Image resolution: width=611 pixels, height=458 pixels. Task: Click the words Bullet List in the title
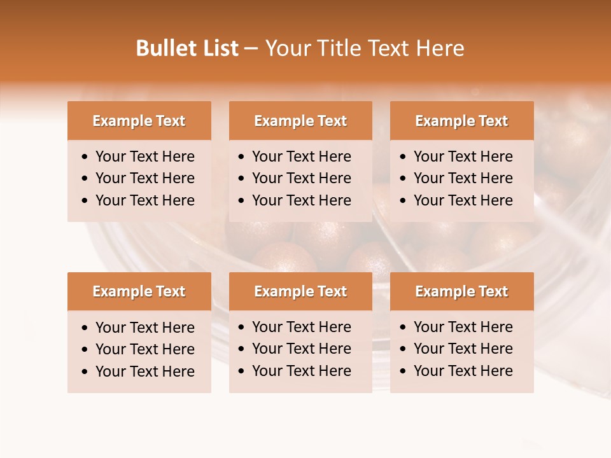click(187, 48)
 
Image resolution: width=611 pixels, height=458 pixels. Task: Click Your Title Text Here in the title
click(364, 48)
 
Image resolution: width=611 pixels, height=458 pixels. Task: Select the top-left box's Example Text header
click(139, 121)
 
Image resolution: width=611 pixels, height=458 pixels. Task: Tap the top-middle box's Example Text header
click(300, 121)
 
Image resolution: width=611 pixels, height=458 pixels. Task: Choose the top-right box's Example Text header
click(461, 121)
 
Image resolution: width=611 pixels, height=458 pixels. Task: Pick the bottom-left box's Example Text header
click(139, 291)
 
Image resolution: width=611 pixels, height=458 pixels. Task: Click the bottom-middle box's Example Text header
click(300, 291)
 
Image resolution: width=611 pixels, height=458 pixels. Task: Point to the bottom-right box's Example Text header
click(461, 291)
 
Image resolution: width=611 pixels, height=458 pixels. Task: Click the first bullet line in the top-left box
click(144, 156)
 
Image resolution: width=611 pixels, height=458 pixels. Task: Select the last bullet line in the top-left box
click(144, 200)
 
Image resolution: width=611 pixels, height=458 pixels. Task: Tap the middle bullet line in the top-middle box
click(301, 178)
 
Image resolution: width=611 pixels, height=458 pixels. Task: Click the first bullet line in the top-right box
click(463, 156)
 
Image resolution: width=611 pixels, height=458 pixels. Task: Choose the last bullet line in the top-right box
click(463, 200)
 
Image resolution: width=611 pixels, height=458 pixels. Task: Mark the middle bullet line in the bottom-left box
click(144, 349)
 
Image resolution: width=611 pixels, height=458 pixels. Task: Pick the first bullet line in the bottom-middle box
click(301, 327)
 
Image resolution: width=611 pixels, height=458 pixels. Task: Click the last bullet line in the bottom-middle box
click(301, 371)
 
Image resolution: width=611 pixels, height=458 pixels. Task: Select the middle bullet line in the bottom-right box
click(463, 349)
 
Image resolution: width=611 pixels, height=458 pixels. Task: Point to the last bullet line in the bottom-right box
click(463, 371)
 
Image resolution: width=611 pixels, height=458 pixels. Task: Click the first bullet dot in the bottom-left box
click(85, 328)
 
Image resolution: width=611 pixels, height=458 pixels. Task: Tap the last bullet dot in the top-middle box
click(242, 201)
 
